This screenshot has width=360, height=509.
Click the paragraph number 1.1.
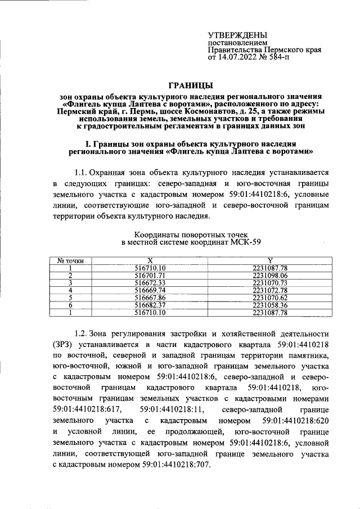[83, 172]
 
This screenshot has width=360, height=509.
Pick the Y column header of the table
[270, 260]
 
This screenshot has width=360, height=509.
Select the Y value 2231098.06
[270, 275]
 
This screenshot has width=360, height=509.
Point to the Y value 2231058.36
[270, 304]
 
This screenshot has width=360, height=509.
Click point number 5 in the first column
[71, 297]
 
